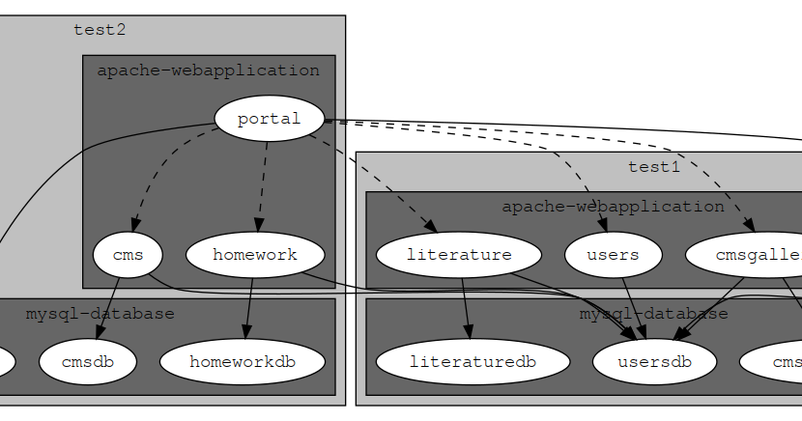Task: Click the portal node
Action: [x=269, y=119]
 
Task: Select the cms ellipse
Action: [x=128, y=256]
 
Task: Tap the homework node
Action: [x=254, y=256]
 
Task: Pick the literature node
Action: [x=458, y=256]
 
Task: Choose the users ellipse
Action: [x=613, y=256]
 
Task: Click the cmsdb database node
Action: [x=87, y=362]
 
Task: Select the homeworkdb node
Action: [x=242, y=362]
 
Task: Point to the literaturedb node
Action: [x=472, y=362]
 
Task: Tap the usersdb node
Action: [x=654, y=362]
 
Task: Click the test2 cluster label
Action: [x=100, y=29]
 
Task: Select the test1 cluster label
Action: [x=654, y=166]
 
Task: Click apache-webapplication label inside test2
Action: [x=208, y=70]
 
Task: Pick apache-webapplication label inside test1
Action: [x=613, y=207]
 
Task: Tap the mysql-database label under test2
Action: [x=100, y=314]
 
